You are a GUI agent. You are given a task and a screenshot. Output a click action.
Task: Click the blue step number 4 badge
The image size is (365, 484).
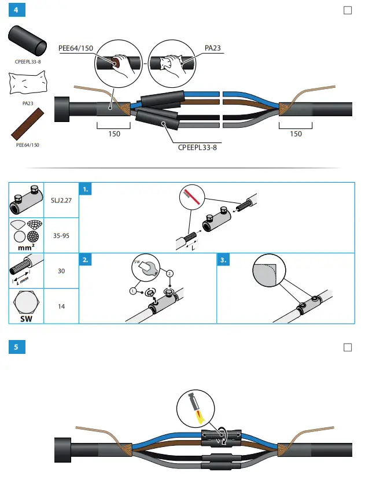click(17, 10)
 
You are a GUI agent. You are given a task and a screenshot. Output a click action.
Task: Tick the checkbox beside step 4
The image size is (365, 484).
click(348, 10)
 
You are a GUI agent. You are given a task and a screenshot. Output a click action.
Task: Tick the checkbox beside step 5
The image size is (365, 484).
click(348, 347)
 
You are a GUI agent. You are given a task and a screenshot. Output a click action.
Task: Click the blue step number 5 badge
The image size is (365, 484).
click(17, 347)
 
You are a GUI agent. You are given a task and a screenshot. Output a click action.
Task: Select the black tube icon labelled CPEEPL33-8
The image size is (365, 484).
click(28, 42)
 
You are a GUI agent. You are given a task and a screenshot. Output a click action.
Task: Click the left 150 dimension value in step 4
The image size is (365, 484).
click(115, 134)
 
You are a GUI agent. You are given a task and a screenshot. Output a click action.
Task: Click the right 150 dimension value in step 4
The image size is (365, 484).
click(296, 134)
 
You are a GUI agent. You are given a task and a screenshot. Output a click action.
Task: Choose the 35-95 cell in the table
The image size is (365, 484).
click(61, 236)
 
